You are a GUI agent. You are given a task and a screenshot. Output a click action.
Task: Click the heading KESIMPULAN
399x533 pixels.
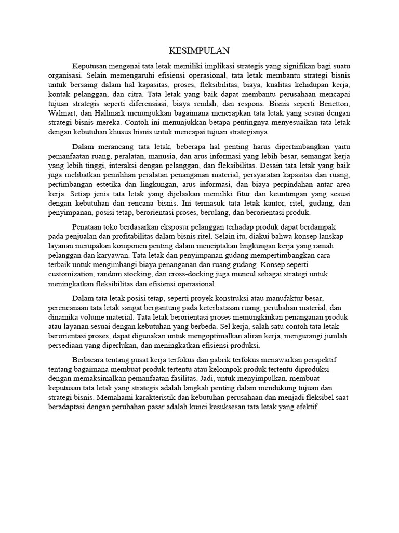199,51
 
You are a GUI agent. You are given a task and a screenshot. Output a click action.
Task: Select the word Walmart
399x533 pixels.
61,113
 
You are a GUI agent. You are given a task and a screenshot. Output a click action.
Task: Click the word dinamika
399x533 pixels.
61,317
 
